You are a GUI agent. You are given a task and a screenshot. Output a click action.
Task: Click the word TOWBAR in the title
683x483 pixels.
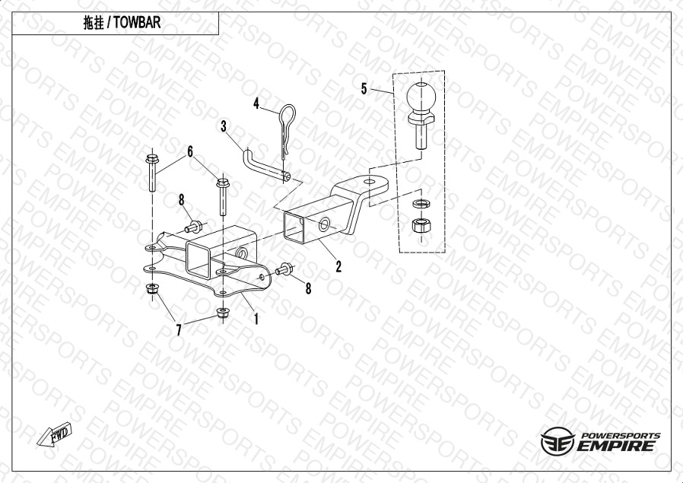pos(137,23)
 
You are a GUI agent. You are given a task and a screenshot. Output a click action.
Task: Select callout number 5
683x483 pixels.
pos(364,89)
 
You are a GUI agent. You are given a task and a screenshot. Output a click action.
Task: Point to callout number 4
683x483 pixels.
pos(256,103)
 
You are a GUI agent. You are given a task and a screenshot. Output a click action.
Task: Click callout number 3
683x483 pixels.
pos(224,126)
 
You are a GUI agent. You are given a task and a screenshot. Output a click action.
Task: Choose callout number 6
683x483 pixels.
pos(190,151)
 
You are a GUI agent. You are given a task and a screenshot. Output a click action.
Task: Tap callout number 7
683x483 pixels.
pos(179,330)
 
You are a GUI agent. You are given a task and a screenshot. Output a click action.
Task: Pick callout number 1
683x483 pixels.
pos(256,319)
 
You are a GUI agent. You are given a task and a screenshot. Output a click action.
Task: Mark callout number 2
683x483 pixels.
pos(338,266)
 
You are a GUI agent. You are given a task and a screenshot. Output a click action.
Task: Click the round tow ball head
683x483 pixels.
pos(421,97)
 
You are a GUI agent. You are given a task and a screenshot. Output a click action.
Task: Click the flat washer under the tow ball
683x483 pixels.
pos(421,203)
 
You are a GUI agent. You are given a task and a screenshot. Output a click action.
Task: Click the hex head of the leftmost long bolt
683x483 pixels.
pos(152,158)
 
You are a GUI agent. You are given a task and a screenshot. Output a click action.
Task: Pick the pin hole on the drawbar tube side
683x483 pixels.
pos(324,225)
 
